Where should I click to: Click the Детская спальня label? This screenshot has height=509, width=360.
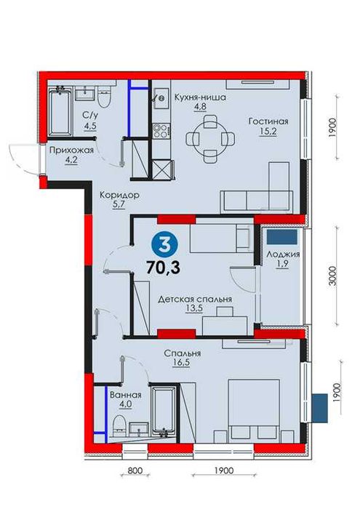click(195, 298)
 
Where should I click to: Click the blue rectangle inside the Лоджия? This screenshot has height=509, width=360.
click(280, 237)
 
